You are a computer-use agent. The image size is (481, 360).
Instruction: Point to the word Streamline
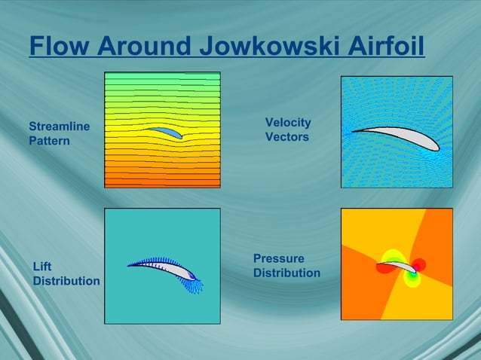pos(60,126)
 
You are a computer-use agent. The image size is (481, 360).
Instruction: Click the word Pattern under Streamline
pos(49,140)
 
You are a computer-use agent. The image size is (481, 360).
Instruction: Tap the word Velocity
pos(288,123)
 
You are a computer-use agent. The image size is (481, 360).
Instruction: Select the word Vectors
pos(286,137)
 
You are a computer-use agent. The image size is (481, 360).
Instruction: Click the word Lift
pos(43,266)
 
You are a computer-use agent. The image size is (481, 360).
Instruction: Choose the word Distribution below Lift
pos(66,280)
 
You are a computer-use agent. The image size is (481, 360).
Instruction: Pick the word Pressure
pos(279,258)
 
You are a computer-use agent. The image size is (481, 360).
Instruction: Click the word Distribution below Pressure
pos(286,273)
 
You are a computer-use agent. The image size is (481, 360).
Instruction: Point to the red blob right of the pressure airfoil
pos(420,265)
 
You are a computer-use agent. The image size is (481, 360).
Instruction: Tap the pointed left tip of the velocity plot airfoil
pos(353,131)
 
